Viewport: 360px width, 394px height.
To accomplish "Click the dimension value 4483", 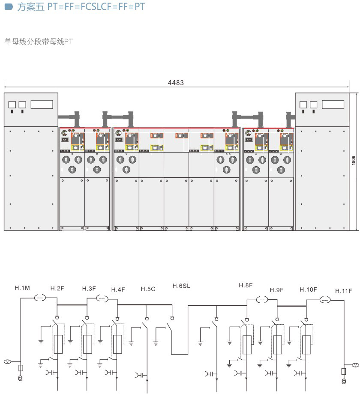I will [x=176, y=83].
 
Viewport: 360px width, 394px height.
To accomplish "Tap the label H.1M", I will [x=22, y=288].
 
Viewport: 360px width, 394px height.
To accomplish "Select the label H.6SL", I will [x=181, y=286].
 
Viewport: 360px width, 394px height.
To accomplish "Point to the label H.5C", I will [x=148, y=289].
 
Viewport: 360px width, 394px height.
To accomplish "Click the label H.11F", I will [x=344, y=290].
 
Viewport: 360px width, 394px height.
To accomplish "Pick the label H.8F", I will [x=246, y=285].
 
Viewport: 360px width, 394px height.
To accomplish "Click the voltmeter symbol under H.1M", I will [x=7, y=362].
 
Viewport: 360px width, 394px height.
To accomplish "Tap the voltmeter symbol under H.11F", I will [x=354, y=365].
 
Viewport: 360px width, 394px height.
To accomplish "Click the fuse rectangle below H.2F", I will [x=58, y=344].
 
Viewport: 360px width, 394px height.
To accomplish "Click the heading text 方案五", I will [x=30, y=7].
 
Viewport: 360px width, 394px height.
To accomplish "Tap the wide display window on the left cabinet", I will [x=42, y=104].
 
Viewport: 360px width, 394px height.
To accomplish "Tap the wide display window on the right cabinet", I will [x=333, y=104].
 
